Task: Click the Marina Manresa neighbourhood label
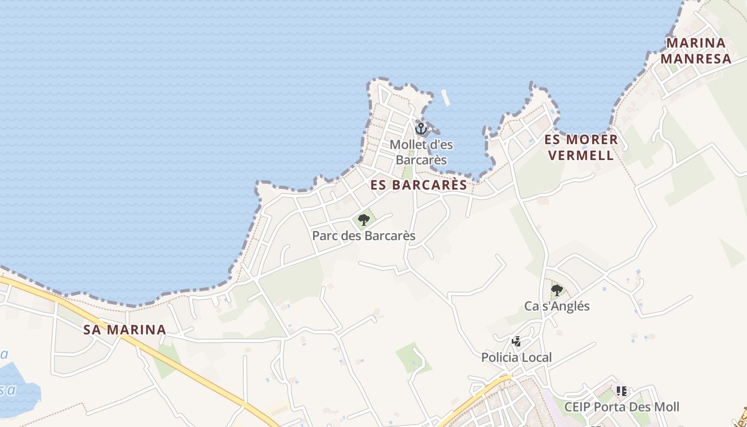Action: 696,51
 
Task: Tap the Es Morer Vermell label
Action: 581,148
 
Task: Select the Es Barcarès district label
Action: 419,185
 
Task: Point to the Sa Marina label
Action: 125,330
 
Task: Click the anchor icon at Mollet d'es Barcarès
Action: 421,129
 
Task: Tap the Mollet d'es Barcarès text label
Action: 421,152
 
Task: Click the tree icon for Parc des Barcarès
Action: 364,219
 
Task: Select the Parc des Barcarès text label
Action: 364,235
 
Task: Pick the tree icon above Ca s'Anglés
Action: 557,290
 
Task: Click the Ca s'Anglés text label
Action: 557,306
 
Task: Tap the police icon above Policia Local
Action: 516,341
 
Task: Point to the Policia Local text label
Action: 516,357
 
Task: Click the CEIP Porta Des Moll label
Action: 622,407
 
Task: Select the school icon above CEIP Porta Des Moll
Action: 621,391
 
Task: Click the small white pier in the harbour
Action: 445,98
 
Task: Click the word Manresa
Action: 696,59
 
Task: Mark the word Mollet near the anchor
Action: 408,145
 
